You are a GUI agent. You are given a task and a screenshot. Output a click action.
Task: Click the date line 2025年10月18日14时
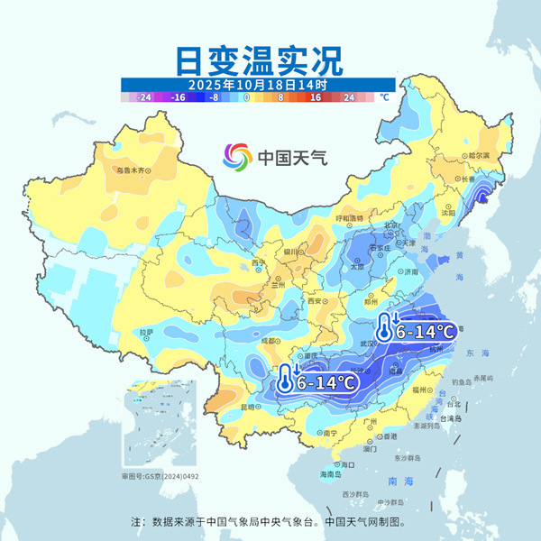257,85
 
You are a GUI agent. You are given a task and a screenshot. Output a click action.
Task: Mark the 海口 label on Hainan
347,464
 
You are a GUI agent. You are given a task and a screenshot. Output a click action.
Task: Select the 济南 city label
412,270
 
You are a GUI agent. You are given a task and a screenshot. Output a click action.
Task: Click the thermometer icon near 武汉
386,328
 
